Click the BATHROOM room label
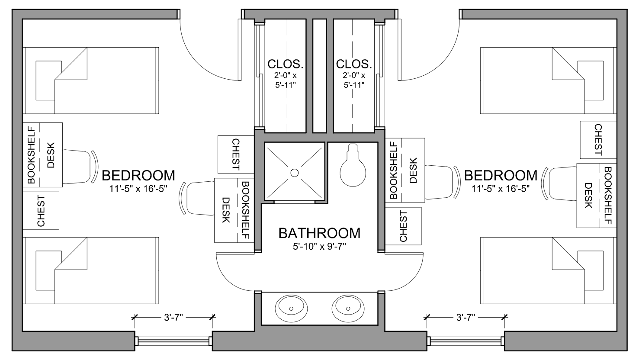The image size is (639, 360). click(319, 233)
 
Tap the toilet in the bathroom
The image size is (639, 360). click(353, 165)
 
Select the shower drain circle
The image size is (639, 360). click(294, 173)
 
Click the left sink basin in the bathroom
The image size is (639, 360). click(291, 309)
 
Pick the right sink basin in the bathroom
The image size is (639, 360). click(348, 309)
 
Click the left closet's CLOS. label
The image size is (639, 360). click(285, 64)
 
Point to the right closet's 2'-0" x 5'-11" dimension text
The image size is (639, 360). click(354, 80)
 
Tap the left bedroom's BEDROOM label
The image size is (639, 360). click(138, 175)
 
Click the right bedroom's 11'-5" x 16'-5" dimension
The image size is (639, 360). click(501, 189)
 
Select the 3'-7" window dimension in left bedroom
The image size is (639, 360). click(173, 317)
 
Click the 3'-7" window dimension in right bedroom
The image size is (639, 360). click(466, 317)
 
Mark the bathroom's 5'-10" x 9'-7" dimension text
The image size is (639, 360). click(319, 246)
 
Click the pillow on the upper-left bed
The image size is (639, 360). click(48, 80)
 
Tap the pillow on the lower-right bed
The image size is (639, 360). click(591, 270)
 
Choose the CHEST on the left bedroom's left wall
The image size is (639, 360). click(41, 211)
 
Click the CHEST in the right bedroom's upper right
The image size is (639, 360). click(598, 140)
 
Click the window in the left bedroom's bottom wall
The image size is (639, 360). click(173, 341)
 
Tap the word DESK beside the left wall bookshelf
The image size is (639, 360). click(51, 155)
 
